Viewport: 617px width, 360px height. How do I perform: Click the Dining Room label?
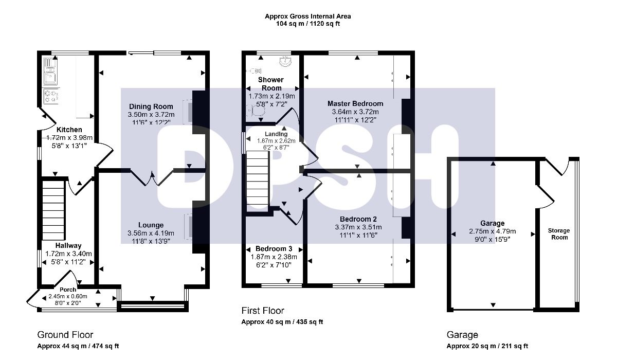(151, 106)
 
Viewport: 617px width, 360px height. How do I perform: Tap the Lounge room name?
(151, 225)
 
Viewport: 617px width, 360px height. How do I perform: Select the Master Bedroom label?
(355, 103)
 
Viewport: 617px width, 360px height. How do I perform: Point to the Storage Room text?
(559, 234)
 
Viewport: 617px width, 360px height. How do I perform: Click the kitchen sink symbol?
(50, 71)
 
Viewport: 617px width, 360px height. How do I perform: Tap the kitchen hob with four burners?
(51, 96)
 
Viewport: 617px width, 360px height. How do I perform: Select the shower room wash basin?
(286, 61)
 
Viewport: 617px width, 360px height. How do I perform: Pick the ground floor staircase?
(53, 210)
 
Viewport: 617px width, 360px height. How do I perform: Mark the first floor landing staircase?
(257, 182)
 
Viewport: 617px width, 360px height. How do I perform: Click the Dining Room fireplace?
(188, 112)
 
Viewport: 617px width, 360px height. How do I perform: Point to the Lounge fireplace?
(188, 226)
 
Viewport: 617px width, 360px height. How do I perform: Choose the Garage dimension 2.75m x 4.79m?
(493, 231)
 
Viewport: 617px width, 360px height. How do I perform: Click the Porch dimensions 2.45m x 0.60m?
(68, 296)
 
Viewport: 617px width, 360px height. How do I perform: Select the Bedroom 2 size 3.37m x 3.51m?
(358, 227)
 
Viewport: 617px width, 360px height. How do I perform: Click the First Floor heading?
(263, 311)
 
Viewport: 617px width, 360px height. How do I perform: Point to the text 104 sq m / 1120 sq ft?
(308, 24)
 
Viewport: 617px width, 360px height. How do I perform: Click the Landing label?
(276, 134)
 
